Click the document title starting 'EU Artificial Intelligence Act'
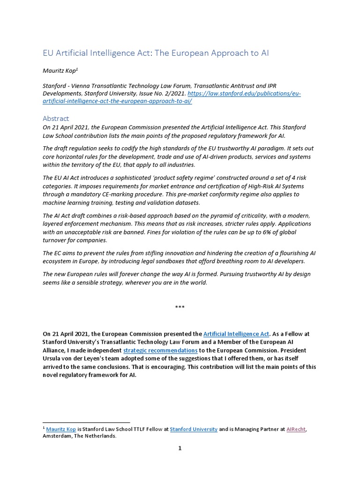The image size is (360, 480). (x=156, y=53)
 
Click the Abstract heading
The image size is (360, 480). (x=56, y=119)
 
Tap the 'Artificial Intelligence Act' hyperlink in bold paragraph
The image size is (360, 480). (x=236, y=334)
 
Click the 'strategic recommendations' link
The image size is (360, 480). (x=160, y=350)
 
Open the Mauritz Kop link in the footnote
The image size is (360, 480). (x=61, y=429)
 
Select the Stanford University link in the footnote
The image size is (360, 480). (x=194, y=429)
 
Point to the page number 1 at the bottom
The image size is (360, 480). (x=180, y=448)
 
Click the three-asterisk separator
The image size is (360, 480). (x=180, y=307)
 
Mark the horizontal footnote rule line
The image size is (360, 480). (x=86, y=422)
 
